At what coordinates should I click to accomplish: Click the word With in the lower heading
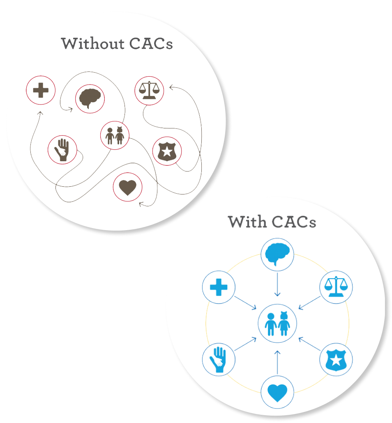click(245, 222)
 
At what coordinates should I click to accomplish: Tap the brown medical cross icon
click(41, 90)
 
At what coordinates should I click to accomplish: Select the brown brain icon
click(90, 99)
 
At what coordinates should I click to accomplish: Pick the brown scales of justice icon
click(149, 91)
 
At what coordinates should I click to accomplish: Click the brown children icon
click(115, 136)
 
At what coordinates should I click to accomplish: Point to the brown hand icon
click(62, 149)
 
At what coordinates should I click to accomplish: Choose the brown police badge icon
click(167, 151)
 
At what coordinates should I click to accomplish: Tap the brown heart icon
click(127, 187)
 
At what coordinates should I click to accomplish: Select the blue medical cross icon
click(219, 287)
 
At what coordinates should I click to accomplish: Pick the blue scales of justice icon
click(336, 287)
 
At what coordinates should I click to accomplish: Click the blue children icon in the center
click(277, 323)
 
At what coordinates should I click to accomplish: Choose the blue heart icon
click(277, 393)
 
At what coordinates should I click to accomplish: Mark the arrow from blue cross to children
click(246, 303)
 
